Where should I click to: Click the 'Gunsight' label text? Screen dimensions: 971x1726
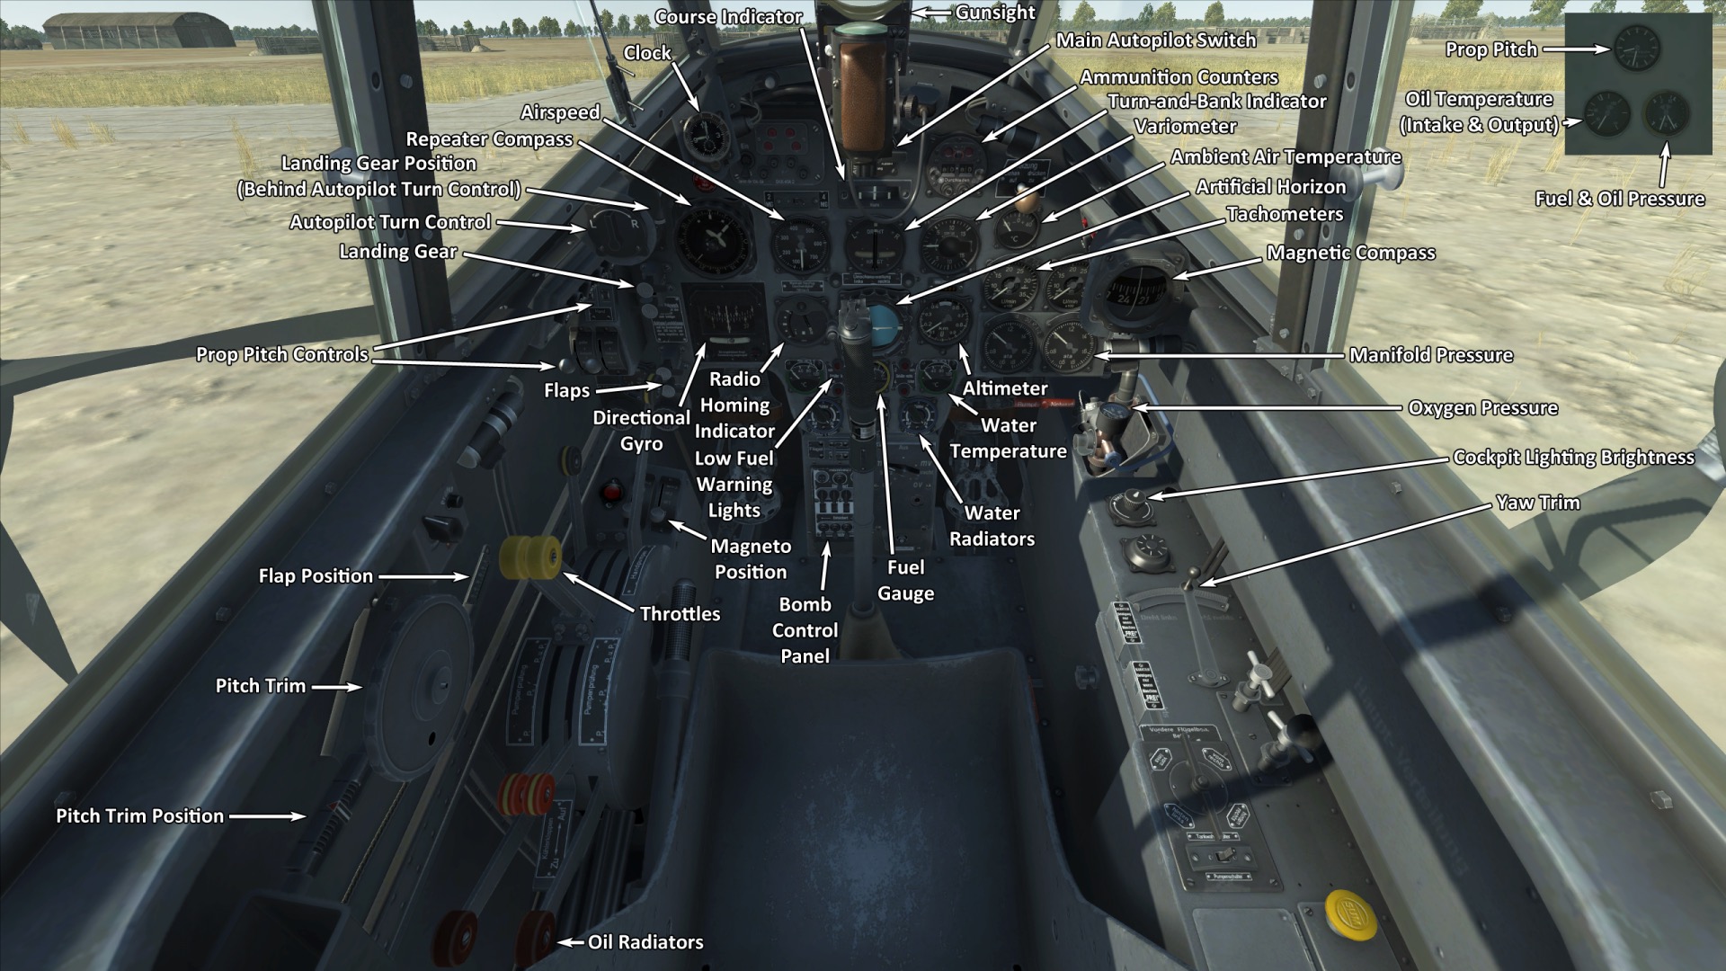995,13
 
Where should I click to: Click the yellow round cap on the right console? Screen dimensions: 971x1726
1345,907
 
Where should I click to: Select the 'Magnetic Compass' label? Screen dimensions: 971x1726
1350,253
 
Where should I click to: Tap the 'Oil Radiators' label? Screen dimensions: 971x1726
645,942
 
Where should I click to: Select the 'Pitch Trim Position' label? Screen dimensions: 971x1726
140,816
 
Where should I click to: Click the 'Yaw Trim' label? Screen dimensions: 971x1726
1537,503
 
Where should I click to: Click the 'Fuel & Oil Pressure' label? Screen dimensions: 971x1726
1619,199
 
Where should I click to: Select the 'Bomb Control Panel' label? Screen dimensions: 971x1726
805,630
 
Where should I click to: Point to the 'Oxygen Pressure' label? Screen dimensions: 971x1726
1482,408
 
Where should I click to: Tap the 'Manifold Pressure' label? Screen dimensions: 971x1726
1430,355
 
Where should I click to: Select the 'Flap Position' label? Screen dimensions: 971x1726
316,576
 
